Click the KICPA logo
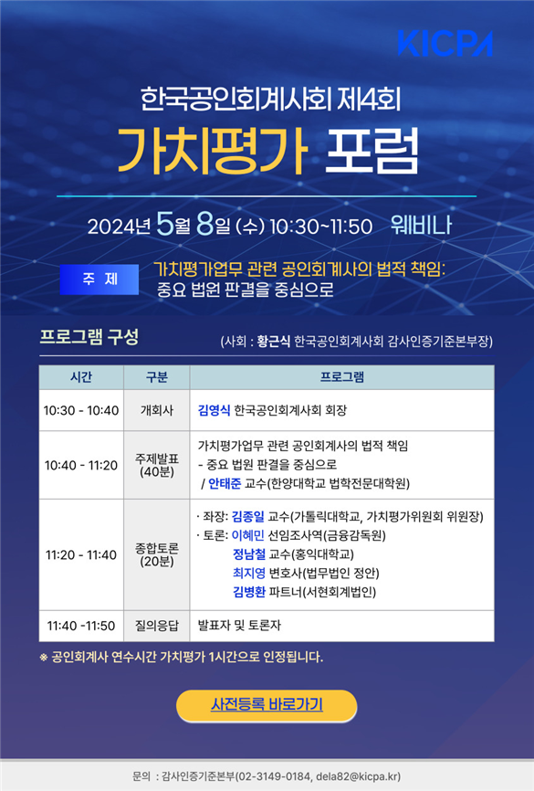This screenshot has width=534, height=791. point(445,43)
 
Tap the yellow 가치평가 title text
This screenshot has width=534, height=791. point(213,151)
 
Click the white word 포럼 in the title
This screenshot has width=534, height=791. point(372,151)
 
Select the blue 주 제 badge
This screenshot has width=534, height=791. point(99,279)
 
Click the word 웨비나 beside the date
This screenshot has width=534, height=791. point(421,226)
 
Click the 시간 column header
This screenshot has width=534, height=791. point(81,377)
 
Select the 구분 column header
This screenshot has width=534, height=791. point(157,377)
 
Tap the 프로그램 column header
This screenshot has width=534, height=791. point(342,377)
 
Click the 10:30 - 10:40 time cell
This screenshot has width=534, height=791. point(81,411)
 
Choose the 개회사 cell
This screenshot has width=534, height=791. point(157,411)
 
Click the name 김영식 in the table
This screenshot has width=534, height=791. point(214,410)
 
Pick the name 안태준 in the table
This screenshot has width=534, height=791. point(225,484)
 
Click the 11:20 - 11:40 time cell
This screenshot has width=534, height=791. point(81,555)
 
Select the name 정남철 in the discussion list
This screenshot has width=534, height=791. point(248,554)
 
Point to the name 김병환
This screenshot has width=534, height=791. point(248,592)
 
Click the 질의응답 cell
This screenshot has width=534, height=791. point(157,626)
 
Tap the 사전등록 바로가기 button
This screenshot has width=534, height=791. point(267,705)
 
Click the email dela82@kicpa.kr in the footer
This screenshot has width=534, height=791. point(358,775)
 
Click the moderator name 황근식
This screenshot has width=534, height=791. point(273,342)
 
